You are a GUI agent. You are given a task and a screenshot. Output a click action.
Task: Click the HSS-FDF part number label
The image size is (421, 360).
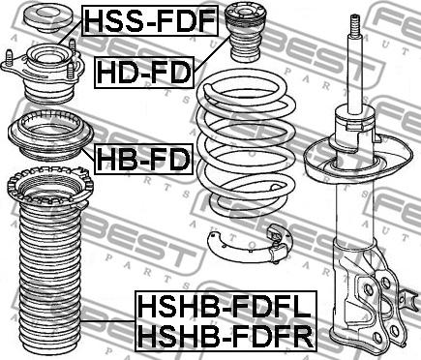pos(150,20)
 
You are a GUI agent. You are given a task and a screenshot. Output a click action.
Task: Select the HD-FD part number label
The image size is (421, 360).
pos(144,73)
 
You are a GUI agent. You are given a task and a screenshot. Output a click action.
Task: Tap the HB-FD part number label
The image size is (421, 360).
pos(143,160)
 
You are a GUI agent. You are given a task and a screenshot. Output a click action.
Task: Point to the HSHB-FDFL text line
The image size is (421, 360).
pos(226,308)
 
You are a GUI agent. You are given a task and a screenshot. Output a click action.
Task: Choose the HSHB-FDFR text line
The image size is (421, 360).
pos(226,336)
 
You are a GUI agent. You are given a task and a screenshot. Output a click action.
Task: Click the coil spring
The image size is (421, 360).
pos(247,145)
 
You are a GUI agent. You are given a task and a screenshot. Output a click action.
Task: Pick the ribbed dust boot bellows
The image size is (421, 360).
pos(50,278)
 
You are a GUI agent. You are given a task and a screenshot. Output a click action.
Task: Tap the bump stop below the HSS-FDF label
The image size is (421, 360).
pos(246,32)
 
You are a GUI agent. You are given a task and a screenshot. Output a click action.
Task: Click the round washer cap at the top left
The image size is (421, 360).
pos(48,18)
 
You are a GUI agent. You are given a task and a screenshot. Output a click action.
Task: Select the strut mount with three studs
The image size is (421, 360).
pos(43,71)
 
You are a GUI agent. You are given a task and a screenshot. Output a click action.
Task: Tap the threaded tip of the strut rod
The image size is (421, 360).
pos(355,26)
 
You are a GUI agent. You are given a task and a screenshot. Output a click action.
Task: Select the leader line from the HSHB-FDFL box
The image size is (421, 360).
pos(107,321)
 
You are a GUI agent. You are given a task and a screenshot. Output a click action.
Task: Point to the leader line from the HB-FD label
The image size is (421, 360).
pos(88,155)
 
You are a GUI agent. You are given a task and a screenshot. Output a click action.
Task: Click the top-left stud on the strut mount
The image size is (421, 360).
pos(10,57)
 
